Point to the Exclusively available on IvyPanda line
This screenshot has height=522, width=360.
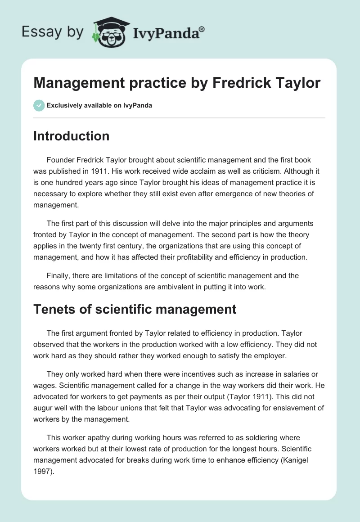coord(99,105)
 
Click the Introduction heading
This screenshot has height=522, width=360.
coord(71,136)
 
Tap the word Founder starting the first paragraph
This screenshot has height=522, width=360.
coord(61,160)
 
